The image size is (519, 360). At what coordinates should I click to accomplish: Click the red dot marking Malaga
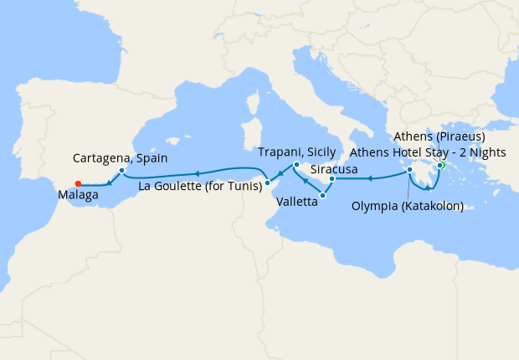click(77, 184)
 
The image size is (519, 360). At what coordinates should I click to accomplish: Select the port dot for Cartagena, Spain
click(122, 171)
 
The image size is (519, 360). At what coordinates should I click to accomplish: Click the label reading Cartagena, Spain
click(121, 157)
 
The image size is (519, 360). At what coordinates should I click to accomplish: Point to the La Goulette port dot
click(266, 182)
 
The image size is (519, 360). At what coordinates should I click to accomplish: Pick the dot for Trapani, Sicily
click(296, 165)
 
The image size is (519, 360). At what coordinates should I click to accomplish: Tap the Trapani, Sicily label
click(297, 152)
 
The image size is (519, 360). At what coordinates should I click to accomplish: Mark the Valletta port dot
click(323, 195)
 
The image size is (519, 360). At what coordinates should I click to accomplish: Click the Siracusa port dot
click(332, 178)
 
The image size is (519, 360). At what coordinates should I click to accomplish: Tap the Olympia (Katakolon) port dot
click(410, 170)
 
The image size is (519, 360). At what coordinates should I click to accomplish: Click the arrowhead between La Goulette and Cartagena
click(196, 173)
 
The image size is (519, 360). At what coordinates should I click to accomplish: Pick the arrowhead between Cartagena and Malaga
click(110, 183)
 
